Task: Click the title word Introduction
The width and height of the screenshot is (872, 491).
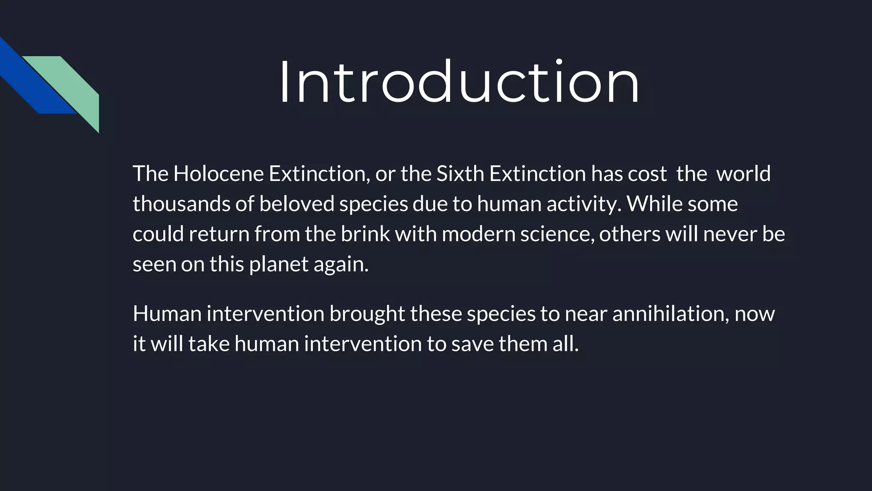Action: (459, 82)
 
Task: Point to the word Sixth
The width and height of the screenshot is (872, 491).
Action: (460, 174)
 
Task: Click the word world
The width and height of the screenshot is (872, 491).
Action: (743, 174)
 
